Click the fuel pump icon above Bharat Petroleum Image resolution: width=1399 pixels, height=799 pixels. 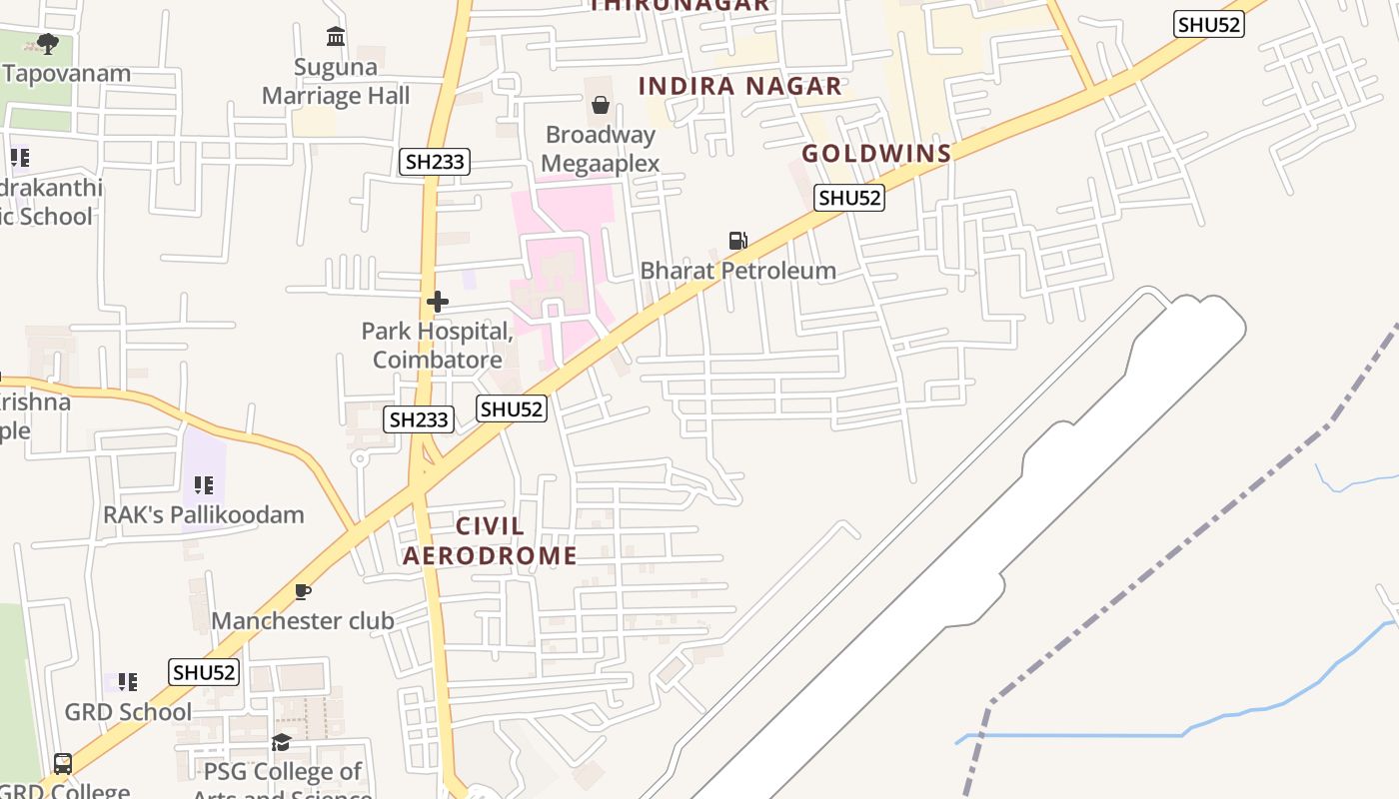click(x=737, y=240)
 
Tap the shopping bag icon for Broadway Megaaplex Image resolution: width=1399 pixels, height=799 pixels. click(x=601, y=104)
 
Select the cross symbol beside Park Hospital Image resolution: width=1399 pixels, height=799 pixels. click(x=437, y=301)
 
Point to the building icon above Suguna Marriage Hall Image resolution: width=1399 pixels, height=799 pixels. click(x=336, y=37)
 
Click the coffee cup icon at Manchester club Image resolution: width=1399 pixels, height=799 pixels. click(x=302, y=591)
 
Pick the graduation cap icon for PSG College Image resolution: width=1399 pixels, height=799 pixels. click(x=281, y=742)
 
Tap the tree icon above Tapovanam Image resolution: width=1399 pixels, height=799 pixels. click(x=47, y=43)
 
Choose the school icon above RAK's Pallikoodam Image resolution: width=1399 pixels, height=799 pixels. click(x=204, y=485)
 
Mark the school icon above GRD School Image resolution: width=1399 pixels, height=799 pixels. click(x=127, y=682)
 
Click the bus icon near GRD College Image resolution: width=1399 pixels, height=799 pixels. click(x=62, y=764)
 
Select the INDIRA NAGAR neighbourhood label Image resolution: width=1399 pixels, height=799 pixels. click(x=740, y=86)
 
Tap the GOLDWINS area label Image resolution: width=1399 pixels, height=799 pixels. click(x=876, y=154)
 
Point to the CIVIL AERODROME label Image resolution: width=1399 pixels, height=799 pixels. click(x=490, y=540)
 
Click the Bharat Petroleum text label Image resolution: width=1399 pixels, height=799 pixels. click(x=737, y=270)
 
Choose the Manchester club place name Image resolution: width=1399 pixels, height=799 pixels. click(x=302, y=620)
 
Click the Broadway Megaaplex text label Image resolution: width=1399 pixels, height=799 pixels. click(x=601, y=149)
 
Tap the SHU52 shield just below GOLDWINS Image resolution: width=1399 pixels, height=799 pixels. click(x=849, y=198)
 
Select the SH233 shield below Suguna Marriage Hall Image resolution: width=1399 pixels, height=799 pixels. click(x=435, y=162)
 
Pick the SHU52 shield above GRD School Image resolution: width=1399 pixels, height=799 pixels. click(x=204, y=672)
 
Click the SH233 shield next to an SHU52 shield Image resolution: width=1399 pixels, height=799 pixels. click(x=419, y=419)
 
